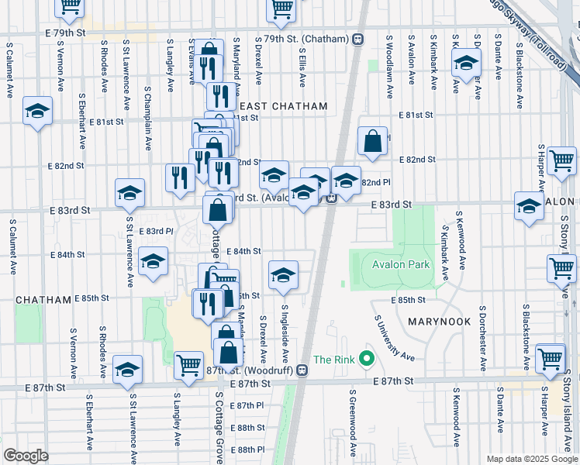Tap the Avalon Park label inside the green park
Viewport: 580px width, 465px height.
(400, 264)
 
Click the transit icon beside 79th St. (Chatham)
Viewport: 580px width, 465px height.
(358, 39)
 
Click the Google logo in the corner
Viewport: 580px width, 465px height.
(27, 456)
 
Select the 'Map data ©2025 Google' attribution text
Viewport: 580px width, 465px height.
(531, 459)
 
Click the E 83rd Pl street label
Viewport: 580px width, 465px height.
(156, 231)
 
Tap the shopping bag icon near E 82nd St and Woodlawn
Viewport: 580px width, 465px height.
(373, 142)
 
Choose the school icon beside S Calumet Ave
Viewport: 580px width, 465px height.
(37, 112)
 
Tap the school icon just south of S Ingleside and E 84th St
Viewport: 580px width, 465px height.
(284, 274)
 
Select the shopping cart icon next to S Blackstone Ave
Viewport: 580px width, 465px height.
(550, 358)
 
